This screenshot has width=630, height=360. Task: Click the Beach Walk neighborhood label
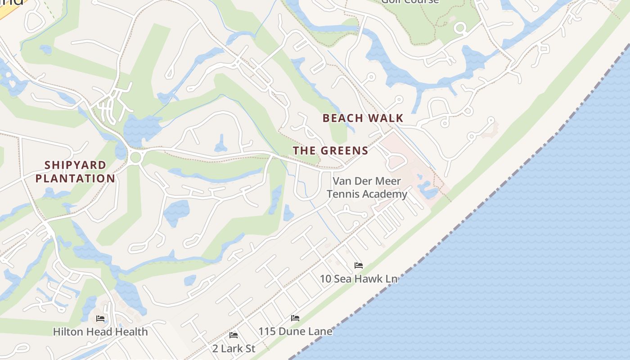[363, 118]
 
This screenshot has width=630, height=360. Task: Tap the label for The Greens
[331, 151]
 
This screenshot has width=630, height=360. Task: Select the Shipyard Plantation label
[75, 171]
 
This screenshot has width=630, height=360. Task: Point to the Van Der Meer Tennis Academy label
[367, 188]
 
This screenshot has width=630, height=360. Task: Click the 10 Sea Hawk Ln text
[358, 279]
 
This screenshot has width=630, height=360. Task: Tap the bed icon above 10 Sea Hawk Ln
[359, 265]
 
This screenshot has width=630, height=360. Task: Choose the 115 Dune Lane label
[295, 332]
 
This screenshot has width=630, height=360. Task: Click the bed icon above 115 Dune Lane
[295, 318]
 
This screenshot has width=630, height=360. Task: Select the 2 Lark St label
[234, 348]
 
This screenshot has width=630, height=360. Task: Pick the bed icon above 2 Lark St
[234, 335]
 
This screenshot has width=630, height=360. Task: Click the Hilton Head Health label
[100, 332]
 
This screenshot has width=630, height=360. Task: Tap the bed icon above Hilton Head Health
[100, 319]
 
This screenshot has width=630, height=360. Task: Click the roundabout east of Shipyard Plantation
[135, 157]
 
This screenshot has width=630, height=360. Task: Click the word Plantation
[75, 178]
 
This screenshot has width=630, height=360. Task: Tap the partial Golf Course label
[409, 1]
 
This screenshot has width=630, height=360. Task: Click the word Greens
[344, 151]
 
